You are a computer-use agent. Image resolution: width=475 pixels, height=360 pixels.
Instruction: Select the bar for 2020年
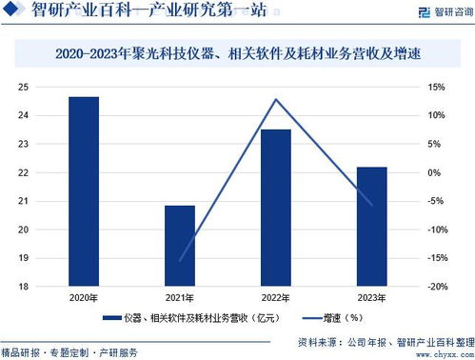point(84,190)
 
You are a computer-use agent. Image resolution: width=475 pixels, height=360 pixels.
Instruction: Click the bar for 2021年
point(180,245)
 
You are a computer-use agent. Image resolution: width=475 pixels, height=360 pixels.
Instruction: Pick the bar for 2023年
point(372,226)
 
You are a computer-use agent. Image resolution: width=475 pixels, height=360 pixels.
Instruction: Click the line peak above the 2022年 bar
point(276,99)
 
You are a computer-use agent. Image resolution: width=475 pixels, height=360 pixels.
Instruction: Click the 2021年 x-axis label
point(180,299)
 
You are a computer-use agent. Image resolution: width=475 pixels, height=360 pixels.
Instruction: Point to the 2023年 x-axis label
point(372,299)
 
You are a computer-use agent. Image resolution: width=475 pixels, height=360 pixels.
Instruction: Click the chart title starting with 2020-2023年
point(238,56)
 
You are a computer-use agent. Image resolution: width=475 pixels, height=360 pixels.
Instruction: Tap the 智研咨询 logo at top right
point(437,12)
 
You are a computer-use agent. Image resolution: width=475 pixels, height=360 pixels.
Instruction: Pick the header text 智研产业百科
point(76,12)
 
